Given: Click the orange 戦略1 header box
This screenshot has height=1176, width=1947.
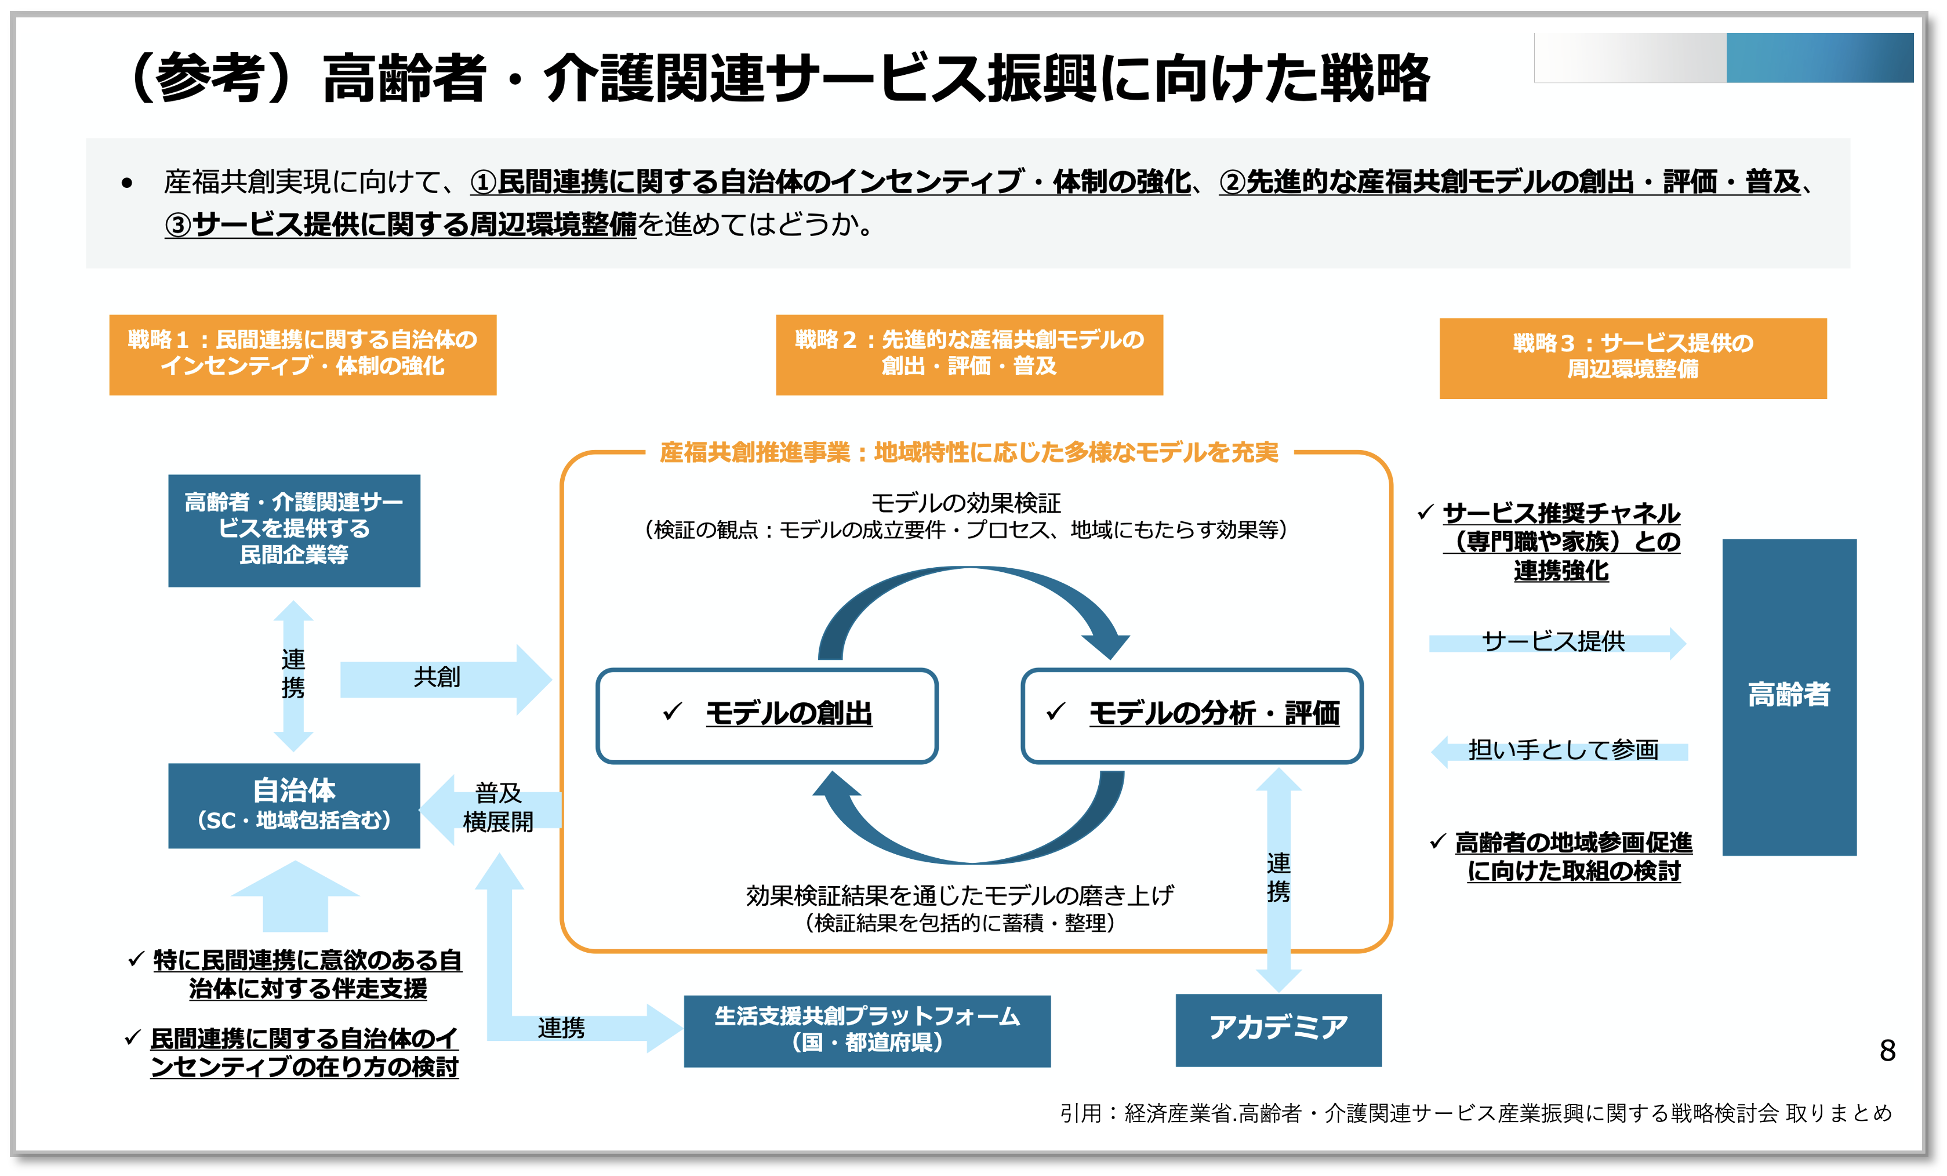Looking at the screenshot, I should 303,354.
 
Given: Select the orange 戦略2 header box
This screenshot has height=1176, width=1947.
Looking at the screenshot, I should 969,354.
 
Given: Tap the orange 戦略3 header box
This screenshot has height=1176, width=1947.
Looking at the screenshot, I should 1633,358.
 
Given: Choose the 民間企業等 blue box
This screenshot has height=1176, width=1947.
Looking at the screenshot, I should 294,529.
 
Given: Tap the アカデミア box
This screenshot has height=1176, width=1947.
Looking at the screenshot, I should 1278,1029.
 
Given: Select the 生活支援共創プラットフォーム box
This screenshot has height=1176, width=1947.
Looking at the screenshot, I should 867,1030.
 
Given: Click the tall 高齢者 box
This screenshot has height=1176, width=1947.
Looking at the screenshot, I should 1789,695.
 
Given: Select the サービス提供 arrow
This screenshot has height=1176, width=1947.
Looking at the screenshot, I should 1554,642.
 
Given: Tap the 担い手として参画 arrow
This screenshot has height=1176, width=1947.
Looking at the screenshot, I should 1561,750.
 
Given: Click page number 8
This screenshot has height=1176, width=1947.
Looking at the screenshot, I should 1887,1050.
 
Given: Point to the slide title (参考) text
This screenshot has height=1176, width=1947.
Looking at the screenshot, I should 778,78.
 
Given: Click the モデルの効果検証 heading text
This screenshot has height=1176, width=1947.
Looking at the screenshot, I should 965,503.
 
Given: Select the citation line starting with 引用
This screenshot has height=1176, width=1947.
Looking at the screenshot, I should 1475,1113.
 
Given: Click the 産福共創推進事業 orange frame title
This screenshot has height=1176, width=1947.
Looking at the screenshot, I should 969,452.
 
